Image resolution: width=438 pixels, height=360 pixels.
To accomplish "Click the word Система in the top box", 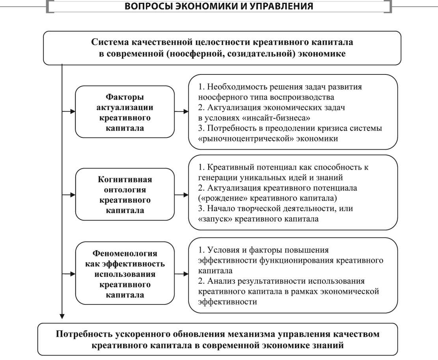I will [x=112, y=41].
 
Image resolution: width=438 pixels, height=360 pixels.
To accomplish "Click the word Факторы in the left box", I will [x=125, y=97].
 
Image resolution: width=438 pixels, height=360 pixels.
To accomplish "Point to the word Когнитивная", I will [x=125, y=180].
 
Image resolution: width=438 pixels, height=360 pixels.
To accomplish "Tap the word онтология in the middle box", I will [x=125, y=190].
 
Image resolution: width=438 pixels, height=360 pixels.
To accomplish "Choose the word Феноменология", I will [x=125, y=254].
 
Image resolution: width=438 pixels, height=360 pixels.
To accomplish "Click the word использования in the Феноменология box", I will [x=125, y=274].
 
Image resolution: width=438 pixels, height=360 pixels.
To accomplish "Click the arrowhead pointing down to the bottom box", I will [x=62, y=315].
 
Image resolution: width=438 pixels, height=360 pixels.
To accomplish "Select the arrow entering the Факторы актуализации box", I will [x=69, y=112].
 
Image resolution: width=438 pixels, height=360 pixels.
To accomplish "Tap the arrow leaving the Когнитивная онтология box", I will [x=181, y=195].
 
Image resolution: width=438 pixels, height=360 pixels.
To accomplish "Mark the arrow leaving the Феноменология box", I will [x=181, y=273].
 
